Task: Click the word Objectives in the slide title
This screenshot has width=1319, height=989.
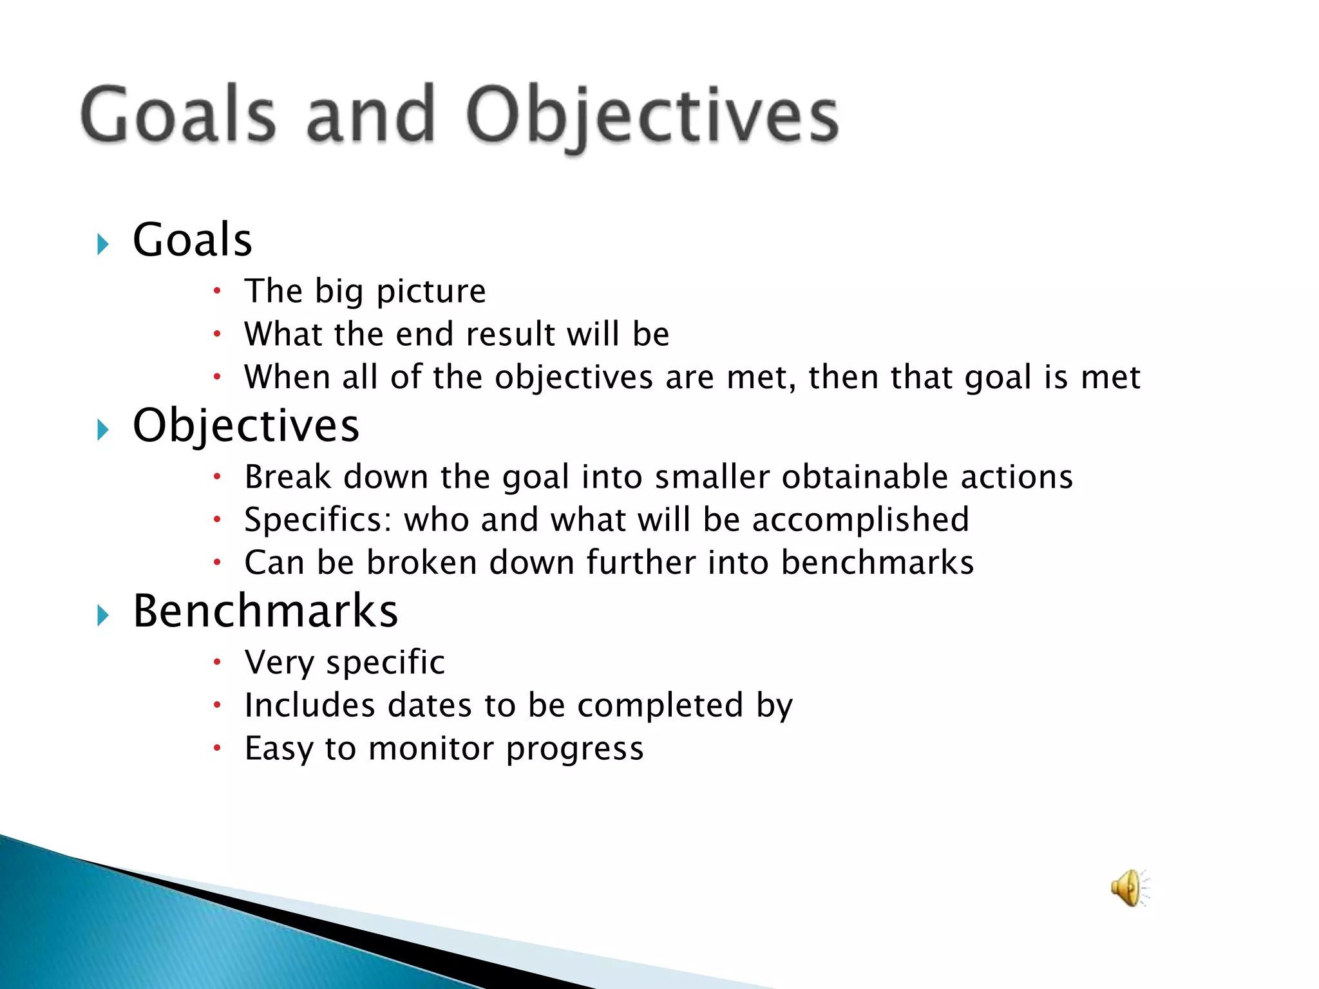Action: click(652, 116)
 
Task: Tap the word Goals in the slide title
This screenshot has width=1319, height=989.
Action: click(178, 115)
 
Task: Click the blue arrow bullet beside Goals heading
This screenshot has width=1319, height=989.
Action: click(102, 244)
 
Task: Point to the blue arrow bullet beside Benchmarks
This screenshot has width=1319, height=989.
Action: click(102, 616)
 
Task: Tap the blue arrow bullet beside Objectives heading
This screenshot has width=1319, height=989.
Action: click(102, 429)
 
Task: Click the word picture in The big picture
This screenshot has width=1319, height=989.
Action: click(431, 292)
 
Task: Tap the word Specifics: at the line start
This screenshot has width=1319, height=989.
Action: click(318, 520)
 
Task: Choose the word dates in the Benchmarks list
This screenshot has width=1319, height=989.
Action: click(430, 705)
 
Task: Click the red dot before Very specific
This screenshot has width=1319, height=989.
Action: click(218, 662)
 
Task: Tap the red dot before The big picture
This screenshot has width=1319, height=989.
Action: click(218, 291)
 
